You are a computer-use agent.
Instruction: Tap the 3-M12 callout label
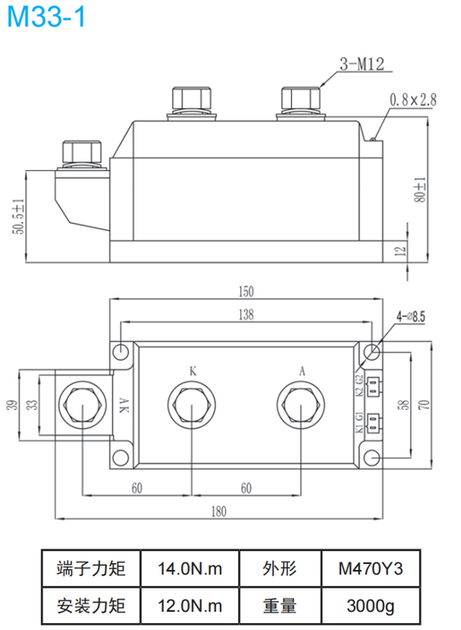point(360,66)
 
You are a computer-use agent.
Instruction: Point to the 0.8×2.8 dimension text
point(413,99)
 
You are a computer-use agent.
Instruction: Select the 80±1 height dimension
point(420,188)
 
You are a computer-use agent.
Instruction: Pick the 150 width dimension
point(245,292)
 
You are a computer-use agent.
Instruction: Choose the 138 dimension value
point(245,314)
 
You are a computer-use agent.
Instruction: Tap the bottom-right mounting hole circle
point(371,459)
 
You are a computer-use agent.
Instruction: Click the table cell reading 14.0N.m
point(190,568)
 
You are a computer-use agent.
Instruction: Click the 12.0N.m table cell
point(190,605)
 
